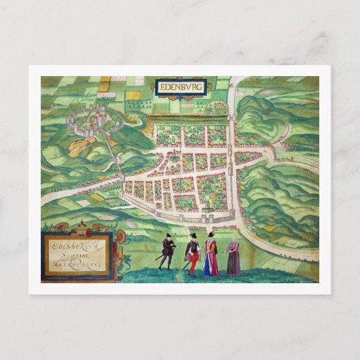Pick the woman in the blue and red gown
(211, 255)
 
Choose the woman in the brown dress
(234, 258)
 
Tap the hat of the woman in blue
(211, 234)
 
